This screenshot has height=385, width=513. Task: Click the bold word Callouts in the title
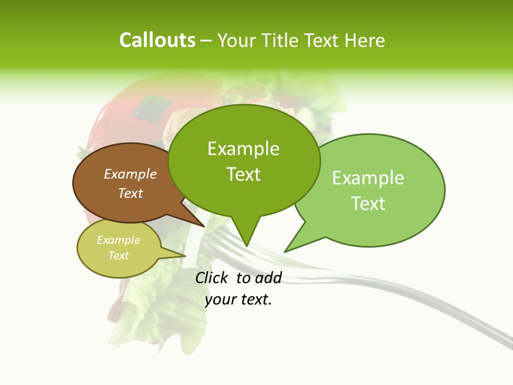point(157,40)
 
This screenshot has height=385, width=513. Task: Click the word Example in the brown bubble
point(130,174)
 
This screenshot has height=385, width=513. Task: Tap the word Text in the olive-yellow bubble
point(118,256)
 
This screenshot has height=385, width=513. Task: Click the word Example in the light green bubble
point(368,178)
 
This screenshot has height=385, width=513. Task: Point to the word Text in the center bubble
point(244,174)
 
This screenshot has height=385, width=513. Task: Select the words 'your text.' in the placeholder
point(238,299)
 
